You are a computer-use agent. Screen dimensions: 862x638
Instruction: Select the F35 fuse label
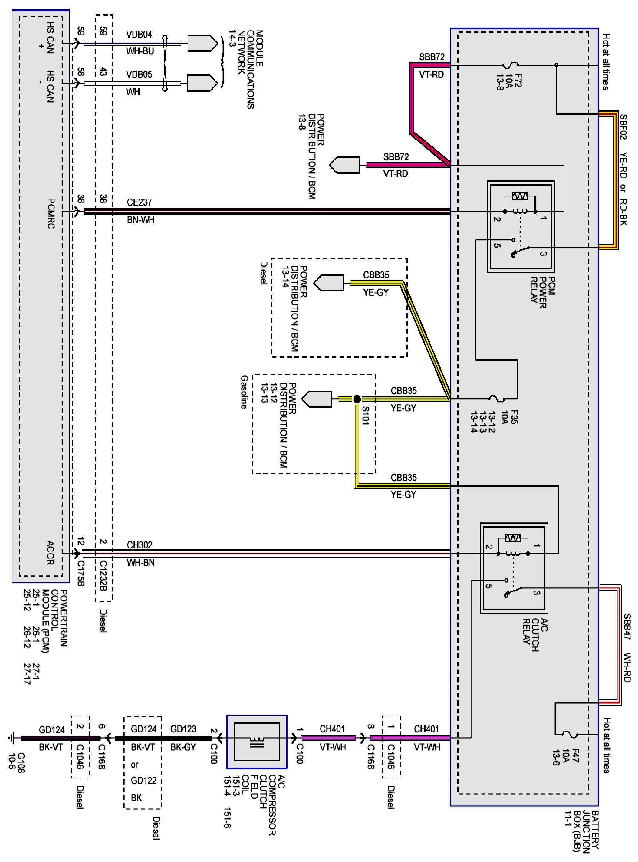click(x=514, y=417)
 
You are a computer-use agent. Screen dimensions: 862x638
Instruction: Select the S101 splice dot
click(x=357, y=399)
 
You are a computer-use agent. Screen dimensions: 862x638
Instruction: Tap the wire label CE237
click(x=140, y=202)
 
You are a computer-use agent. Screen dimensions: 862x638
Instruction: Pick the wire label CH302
click(x=140, y=545)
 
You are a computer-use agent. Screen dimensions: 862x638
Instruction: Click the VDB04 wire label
click(x=139, y=35)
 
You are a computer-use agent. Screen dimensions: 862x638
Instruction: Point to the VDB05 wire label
click(x=139, y=74)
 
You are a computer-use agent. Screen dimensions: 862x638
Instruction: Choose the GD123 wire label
click(x=183, y=729)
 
